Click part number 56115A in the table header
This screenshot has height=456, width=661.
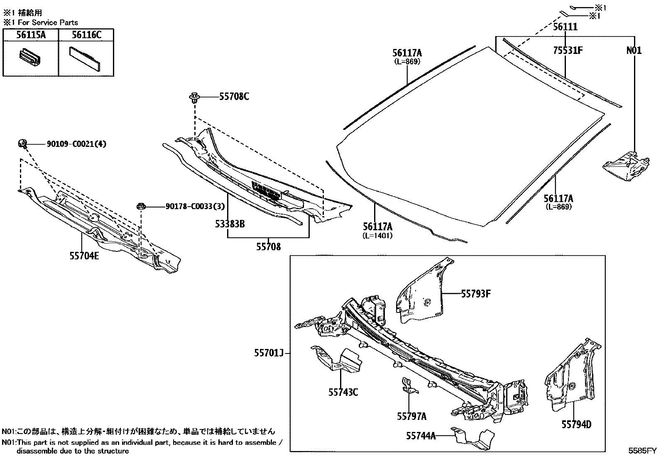(31, 35)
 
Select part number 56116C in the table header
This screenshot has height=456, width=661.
(86, 35)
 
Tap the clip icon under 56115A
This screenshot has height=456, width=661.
(30, 59)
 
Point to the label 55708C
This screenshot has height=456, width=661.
(235, 97)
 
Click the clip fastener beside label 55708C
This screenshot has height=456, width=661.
(194, 98)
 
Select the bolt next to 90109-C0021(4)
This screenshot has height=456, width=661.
(23, 144)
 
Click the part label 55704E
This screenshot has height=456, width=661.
(84, 256)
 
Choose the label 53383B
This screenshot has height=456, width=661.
(230, 224)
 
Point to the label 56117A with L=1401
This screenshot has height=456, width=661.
(377, 227)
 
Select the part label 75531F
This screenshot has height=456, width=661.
(568, 51)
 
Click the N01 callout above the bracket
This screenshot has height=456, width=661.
(634, 51)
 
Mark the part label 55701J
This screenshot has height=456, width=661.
(269, 353)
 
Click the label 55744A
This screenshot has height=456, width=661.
(421, 435)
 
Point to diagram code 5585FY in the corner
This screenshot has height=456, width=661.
(642, 451)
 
